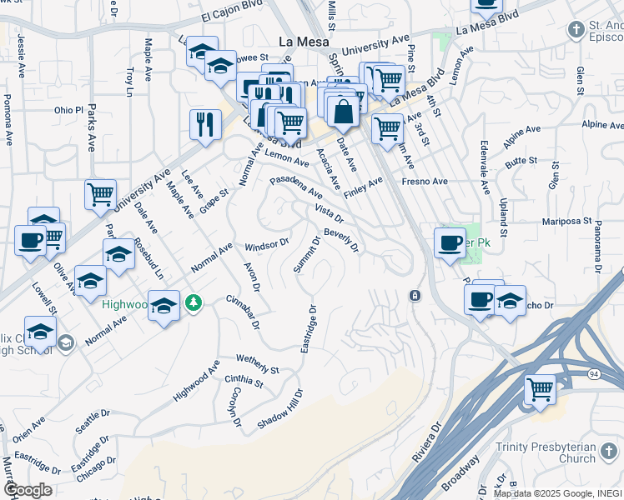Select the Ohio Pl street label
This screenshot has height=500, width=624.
click(x=69, y=110)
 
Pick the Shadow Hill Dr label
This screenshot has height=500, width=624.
click(x=279, y=408)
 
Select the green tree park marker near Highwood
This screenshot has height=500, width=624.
click(x=194, y=302)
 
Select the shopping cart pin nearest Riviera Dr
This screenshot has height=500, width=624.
click(x=540, y=388)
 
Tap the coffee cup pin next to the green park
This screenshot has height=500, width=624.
click(x=450, y=242)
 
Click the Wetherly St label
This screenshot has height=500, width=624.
click(x=258, y=364)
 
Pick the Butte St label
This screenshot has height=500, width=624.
click(x=521, y=160)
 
